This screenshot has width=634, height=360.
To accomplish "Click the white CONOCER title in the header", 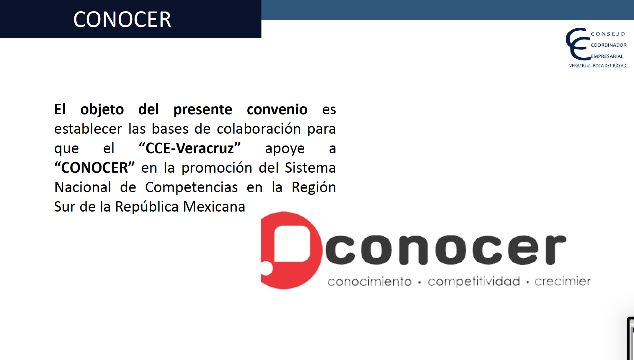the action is [x=122, y=19].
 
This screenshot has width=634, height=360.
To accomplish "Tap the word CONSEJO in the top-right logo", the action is [x=608, y=34].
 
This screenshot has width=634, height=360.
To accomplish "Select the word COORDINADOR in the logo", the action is [x=609, y=45].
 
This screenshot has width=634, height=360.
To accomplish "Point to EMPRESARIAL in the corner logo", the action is [x=607, y=56].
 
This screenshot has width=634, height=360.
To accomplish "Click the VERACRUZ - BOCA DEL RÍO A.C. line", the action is [x=599, y=66].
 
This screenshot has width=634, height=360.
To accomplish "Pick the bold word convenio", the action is [x=277, y=109].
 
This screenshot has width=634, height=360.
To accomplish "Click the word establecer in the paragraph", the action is [x=88, y=129].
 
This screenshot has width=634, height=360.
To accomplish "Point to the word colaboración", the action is [x=259, y=129].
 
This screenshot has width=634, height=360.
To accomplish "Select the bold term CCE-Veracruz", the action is [x=190, y=148].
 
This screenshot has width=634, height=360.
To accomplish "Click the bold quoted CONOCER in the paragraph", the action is [x=94, y=168].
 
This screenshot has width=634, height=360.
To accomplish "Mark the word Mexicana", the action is [x=214, y=207].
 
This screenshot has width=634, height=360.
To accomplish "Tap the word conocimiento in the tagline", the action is [x=370, y=282].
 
